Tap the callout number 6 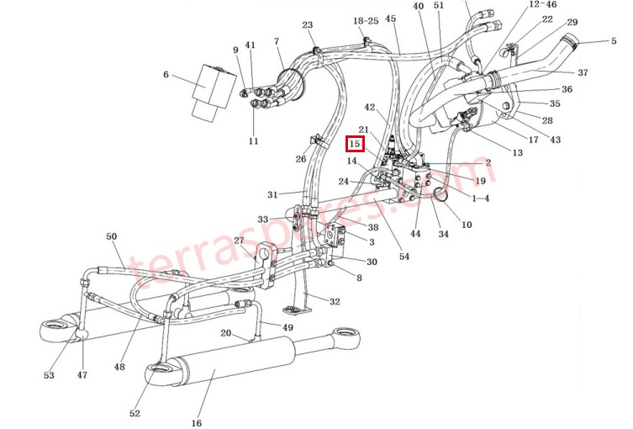[166, 75]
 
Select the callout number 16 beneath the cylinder [197, 423]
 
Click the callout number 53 [48, 375]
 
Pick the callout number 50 [112, 236]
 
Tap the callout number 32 [335, 301]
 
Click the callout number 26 [301, 159]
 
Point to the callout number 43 [556, 140]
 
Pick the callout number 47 [82, 375]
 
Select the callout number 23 [308, 25]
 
